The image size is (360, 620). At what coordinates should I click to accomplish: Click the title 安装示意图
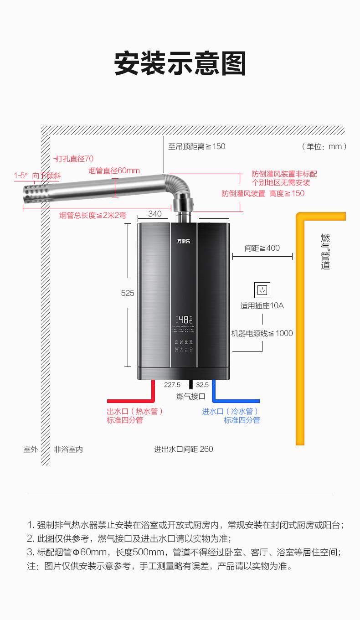point(180,63)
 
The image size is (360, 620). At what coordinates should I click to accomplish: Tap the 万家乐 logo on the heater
point(184,241)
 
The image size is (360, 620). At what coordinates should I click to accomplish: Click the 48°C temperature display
point(185,319)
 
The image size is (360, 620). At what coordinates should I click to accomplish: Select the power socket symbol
point(262,290)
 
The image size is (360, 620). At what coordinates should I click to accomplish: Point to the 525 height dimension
point(128,294)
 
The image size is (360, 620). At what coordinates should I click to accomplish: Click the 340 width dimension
point(154,214)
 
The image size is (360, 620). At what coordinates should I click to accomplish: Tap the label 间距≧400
point(262,248)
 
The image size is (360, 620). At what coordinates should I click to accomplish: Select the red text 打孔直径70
point(74,159)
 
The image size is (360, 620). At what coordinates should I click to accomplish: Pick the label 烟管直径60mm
point(114,171)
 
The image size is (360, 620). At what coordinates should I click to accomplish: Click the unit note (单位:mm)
point(324,147)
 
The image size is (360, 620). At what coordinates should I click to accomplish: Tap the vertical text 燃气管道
point(325,251)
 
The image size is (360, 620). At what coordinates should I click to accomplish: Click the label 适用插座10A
point(262,305)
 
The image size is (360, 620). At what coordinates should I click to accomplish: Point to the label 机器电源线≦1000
point(262,333)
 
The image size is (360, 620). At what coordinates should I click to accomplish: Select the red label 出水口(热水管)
point(135,411)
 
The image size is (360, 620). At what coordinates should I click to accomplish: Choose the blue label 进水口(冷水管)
point(231,411)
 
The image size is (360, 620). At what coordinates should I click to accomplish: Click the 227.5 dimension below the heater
point(172,385)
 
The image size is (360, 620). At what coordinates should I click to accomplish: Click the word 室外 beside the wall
point(31,449)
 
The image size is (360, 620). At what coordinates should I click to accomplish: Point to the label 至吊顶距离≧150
point(197,147)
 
